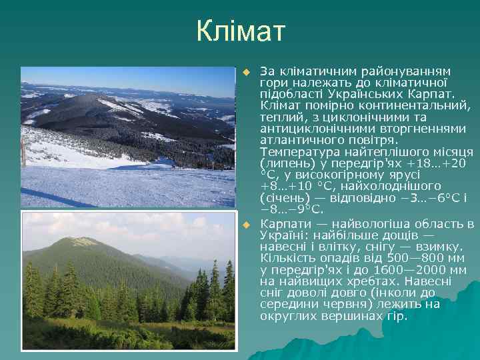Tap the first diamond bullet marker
245,71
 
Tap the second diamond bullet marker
245,224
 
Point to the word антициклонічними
311,129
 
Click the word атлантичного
299,140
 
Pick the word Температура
295,151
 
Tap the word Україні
283,235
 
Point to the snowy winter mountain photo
127,137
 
